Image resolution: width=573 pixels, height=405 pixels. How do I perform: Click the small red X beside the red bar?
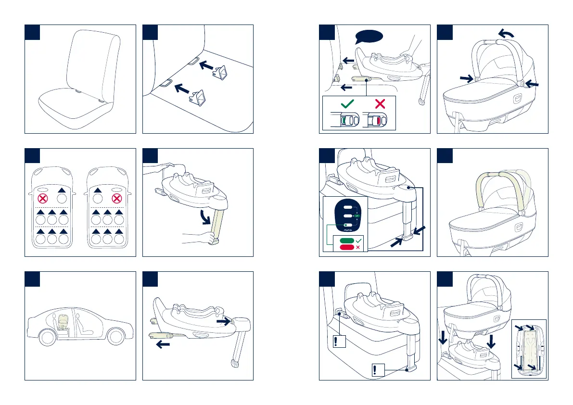358,247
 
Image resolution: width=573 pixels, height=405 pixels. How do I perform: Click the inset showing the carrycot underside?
529,348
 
